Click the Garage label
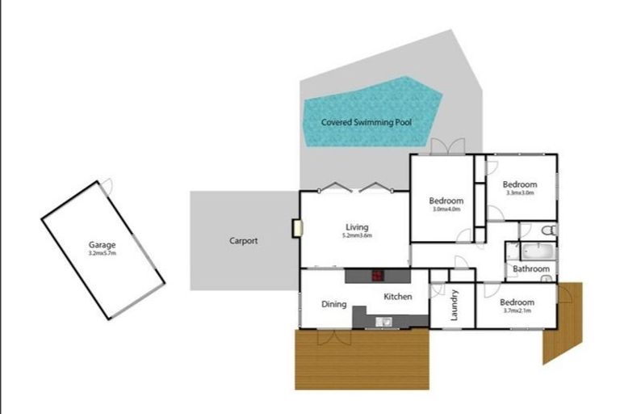[103, 244]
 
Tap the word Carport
[243, 241]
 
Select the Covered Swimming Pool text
[367, 123]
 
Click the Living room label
[357, 227]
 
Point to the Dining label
[334, 305]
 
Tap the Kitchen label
[398, 297]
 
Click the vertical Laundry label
[454, 304]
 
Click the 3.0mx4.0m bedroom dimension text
[446, 209]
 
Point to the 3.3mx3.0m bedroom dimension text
[520, 193]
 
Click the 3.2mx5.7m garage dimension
[103, 253]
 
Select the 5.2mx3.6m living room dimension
[357, 236]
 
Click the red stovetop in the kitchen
[376, 276]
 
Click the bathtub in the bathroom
[536, 251]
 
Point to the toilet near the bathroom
[546, 230]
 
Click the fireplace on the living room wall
[297, 228]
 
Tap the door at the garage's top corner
[107, 185]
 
